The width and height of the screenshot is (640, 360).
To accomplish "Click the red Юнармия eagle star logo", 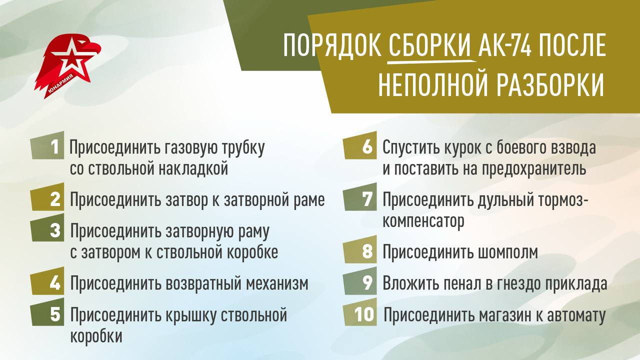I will pyautogui.click(x=67, y=65).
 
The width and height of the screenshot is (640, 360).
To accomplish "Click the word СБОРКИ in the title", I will pyautogui.click(x=430, y=46).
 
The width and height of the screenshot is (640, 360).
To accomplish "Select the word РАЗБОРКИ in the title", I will pyautogui.click(x=549, y=85).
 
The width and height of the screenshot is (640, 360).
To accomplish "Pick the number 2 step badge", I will pyautogui.click(x=48, y=200).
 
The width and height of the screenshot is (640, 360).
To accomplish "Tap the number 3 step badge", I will pyautogui.click(x=48, y=230).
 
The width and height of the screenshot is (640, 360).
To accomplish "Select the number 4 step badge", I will pyautogui.click(x=48, y=283).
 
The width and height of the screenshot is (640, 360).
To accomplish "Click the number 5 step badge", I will pyautogui.click(x=48, y=314).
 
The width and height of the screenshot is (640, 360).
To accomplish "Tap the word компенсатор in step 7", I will pyautogui.click(x=423, y=221).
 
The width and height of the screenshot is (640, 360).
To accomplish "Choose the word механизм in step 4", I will pyautogui.click(x=277, y=284).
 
